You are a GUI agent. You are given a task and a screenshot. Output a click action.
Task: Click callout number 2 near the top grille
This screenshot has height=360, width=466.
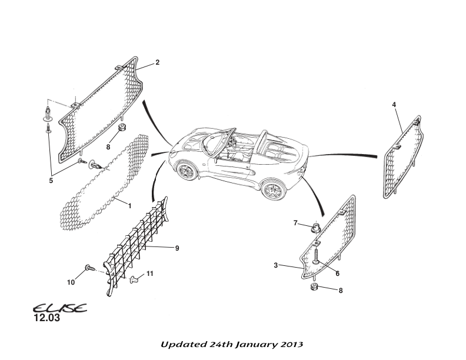click(158, 62)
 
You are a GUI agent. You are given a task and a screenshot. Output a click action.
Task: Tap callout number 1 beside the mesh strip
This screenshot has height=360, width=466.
click(129, 205)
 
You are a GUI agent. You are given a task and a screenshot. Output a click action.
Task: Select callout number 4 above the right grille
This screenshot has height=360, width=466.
click(394, 105)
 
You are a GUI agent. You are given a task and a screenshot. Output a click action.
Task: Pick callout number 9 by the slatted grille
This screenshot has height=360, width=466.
click(177, 248)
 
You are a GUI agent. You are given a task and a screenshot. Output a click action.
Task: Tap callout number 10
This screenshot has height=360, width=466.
click(71, 282)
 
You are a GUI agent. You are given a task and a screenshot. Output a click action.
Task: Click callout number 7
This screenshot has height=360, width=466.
click(297, 222)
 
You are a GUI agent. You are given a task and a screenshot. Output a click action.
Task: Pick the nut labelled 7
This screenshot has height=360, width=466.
click(315, 226)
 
